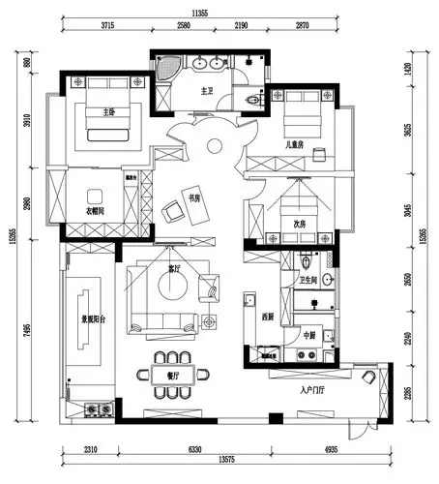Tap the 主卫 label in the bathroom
[x=206, y=93]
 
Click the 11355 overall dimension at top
[x=201, y=14]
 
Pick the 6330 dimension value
[x=195, y=448]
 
